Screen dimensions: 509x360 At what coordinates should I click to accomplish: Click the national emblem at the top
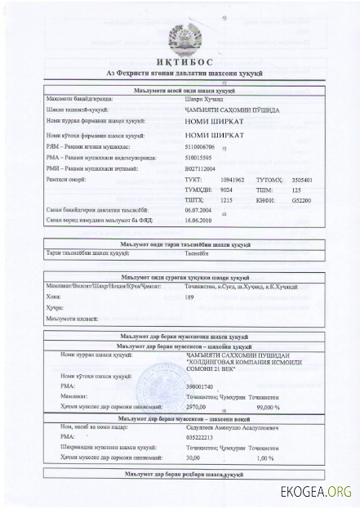coord(180,40)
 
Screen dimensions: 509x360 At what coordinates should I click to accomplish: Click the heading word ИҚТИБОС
coord(180,64)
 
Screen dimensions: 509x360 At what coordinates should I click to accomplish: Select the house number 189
coord(190,297)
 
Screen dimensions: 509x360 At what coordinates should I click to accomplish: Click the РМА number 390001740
coord(201,385)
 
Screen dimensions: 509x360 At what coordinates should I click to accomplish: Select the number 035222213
coord(201,438)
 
